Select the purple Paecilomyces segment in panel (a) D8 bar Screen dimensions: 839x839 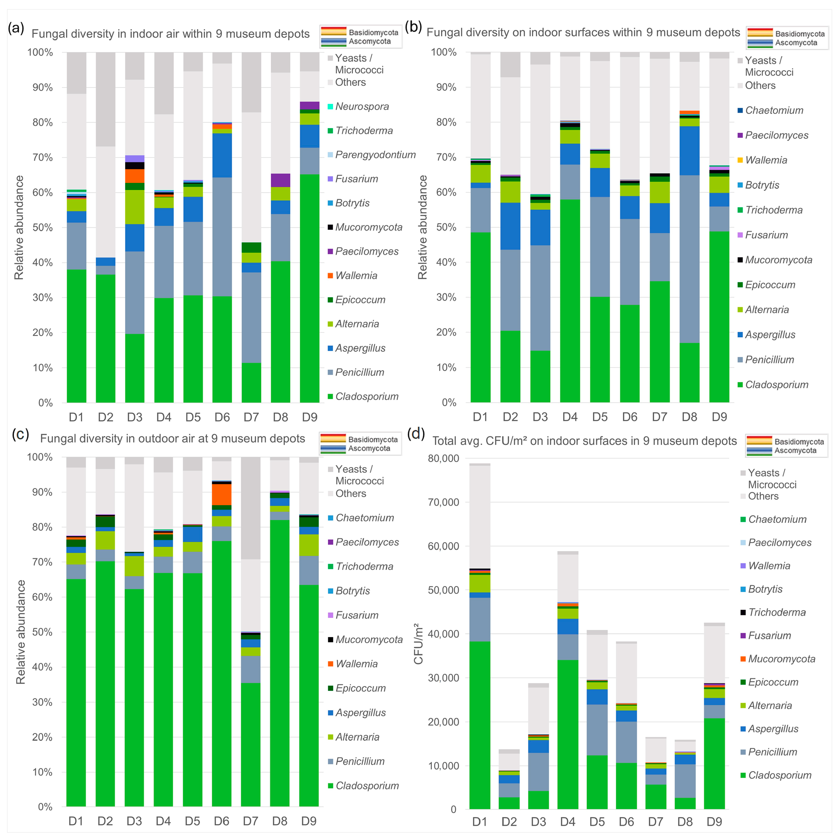(281, 180)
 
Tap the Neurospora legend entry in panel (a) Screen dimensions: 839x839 (362, 106)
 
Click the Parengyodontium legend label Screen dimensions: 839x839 (375, 155)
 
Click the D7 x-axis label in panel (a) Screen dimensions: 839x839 (251, 417)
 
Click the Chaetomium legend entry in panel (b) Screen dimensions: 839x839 (774, 110)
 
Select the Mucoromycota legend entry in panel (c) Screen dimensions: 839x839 (369, 639)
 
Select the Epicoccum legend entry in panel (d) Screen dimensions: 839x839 (773, 682)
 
